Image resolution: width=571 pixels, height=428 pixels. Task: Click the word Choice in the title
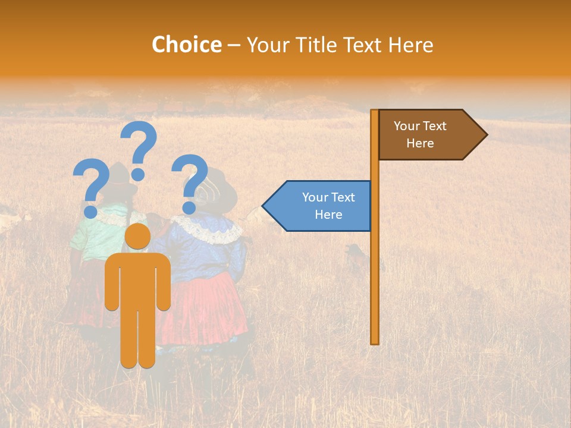186,45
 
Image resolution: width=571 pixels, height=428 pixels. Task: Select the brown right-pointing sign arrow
431,135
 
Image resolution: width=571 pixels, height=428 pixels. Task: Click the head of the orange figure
138,237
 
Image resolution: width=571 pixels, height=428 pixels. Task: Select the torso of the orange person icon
138,279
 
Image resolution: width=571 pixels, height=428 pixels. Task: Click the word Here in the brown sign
420,143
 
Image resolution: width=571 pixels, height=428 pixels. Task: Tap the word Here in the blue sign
328,215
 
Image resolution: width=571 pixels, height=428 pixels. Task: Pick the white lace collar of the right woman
208,229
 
